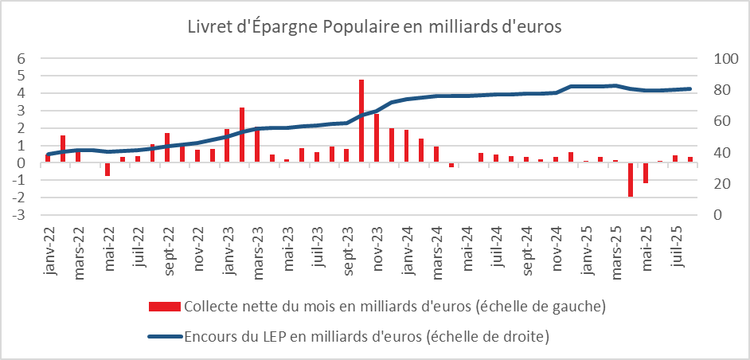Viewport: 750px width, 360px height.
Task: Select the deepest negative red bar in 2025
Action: coord(630,179)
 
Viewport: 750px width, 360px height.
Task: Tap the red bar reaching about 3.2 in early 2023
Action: coord(242,135)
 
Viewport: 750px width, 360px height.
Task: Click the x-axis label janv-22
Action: coord(49,248)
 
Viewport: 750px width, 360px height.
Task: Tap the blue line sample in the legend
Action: coord(165,338)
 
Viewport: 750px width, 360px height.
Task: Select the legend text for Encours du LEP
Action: coord(367,338)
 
